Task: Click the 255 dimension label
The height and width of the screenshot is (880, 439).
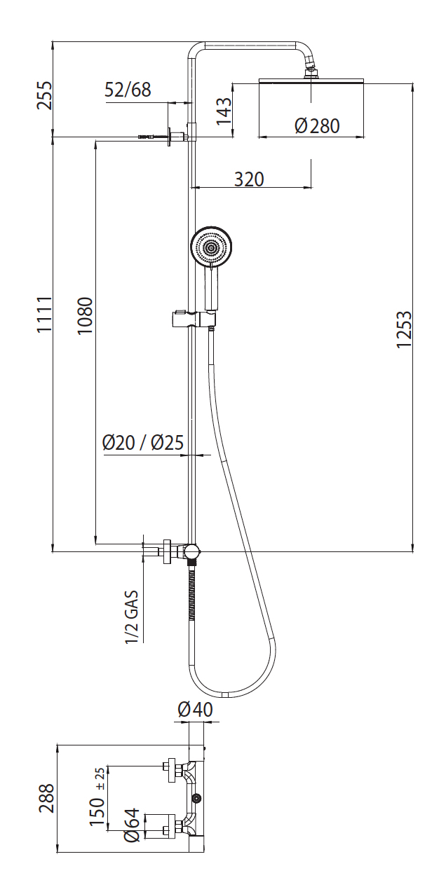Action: point(44,95)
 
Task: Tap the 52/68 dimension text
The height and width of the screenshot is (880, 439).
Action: point(128,90)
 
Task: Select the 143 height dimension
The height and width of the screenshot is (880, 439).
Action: point(224,111)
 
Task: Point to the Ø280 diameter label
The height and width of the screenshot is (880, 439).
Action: point(317,125)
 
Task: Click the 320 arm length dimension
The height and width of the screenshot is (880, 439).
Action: point(249,179)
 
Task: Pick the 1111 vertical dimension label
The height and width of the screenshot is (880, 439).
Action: point(44,315)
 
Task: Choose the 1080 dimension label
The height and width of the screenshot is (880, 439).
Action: point(85,316)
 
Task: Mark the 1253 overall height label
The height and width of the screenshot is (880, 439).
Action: point(404,329)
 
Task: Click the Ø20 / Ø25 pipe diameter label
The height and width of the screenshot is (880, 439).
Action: point(143,442)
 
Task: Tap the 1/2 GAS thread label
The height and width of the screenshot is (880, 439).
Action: point(132,617)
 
